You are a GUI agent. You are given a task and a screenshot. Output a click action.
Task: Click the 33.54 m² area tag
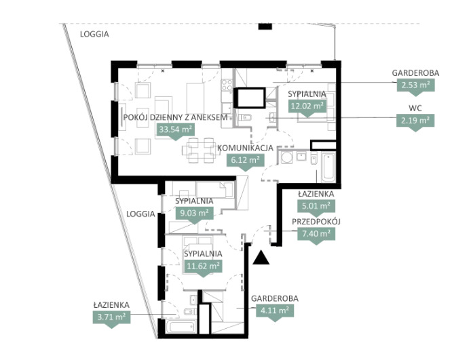(x=176, y=130)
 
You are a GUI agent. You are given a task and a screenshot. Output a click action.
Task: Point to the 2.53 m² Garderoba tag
(x=415, y=85)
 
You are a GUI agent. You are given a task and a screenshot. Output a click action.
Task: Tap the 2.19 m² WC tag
(x=415, y=121)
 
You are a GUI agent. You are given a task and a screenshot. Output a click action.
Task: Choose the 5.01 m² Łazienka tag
(x=316, y=207)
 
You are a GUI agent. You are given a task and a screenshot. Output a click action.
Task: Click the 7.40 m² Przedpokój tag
(x=316, y=234)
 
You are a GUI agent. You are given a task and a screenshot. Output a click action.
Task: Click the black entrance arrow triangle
(x=261, y=258)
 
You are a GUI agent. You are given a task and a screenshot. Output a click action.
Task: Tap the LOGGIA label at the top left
(x=94, y=34)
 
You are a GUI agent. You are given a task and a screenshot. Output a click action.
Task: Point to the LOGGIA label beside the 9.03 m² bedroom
(x=140, y=214)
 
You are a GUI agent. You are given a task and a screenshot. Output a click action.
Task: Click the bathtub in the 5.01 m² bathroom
(x=328, y=167)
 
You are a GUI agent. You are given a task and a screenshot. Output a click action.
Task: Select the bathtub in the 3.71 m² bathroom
(x=182, y=327)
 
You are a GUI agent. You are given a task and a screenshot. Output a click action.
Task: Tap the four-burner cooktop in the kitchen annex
(x=227, y=85)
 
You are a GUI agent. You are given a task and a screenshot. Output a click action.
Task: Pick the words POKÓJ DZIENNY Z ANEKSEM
(x=175, y=117)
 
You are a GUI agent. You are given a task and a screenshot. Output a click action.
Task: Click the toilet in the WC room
(x=245, y=117)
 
